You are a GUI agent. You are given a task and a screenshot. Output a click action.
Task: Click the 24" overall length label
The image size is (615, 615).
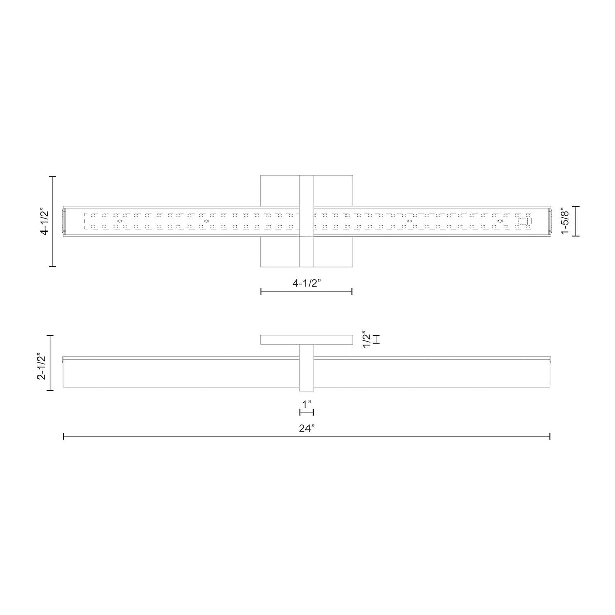(306, 428)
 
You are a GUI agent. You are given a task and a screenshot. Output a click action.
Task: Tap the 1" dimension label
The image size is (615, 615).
(306, 405)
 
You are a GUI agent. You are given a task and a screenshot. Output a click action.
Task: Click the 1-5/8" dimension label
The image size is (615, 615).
(565, 221)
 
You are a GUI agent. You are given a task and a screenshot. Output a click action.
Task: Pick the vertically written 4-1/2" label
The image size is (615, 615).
(45, 221)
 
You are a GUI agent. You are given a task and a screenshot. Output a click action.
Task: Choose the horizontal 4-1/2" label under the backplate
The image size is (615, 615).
(306, 283)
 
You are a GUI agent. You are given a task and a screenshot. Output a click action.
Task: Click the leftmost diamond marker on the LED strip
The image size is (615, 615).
(120, 221)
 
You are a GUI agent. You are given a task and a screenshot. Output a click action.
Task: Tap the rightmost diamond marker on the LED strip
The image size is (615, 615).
(500, 221)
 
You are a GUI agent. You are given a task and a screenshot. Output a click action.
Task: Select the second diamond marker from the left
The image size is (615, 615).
(206, 221)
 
